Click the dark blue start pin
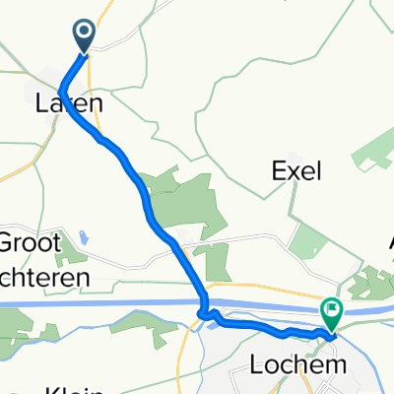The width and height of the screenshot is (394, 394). [84, 36]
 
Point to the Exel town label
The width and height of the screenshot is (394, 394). [297, 171]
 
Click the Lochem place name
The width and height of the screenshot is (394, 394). [312, 363]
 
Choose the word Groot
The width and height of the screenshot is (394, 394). [30, 243]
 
